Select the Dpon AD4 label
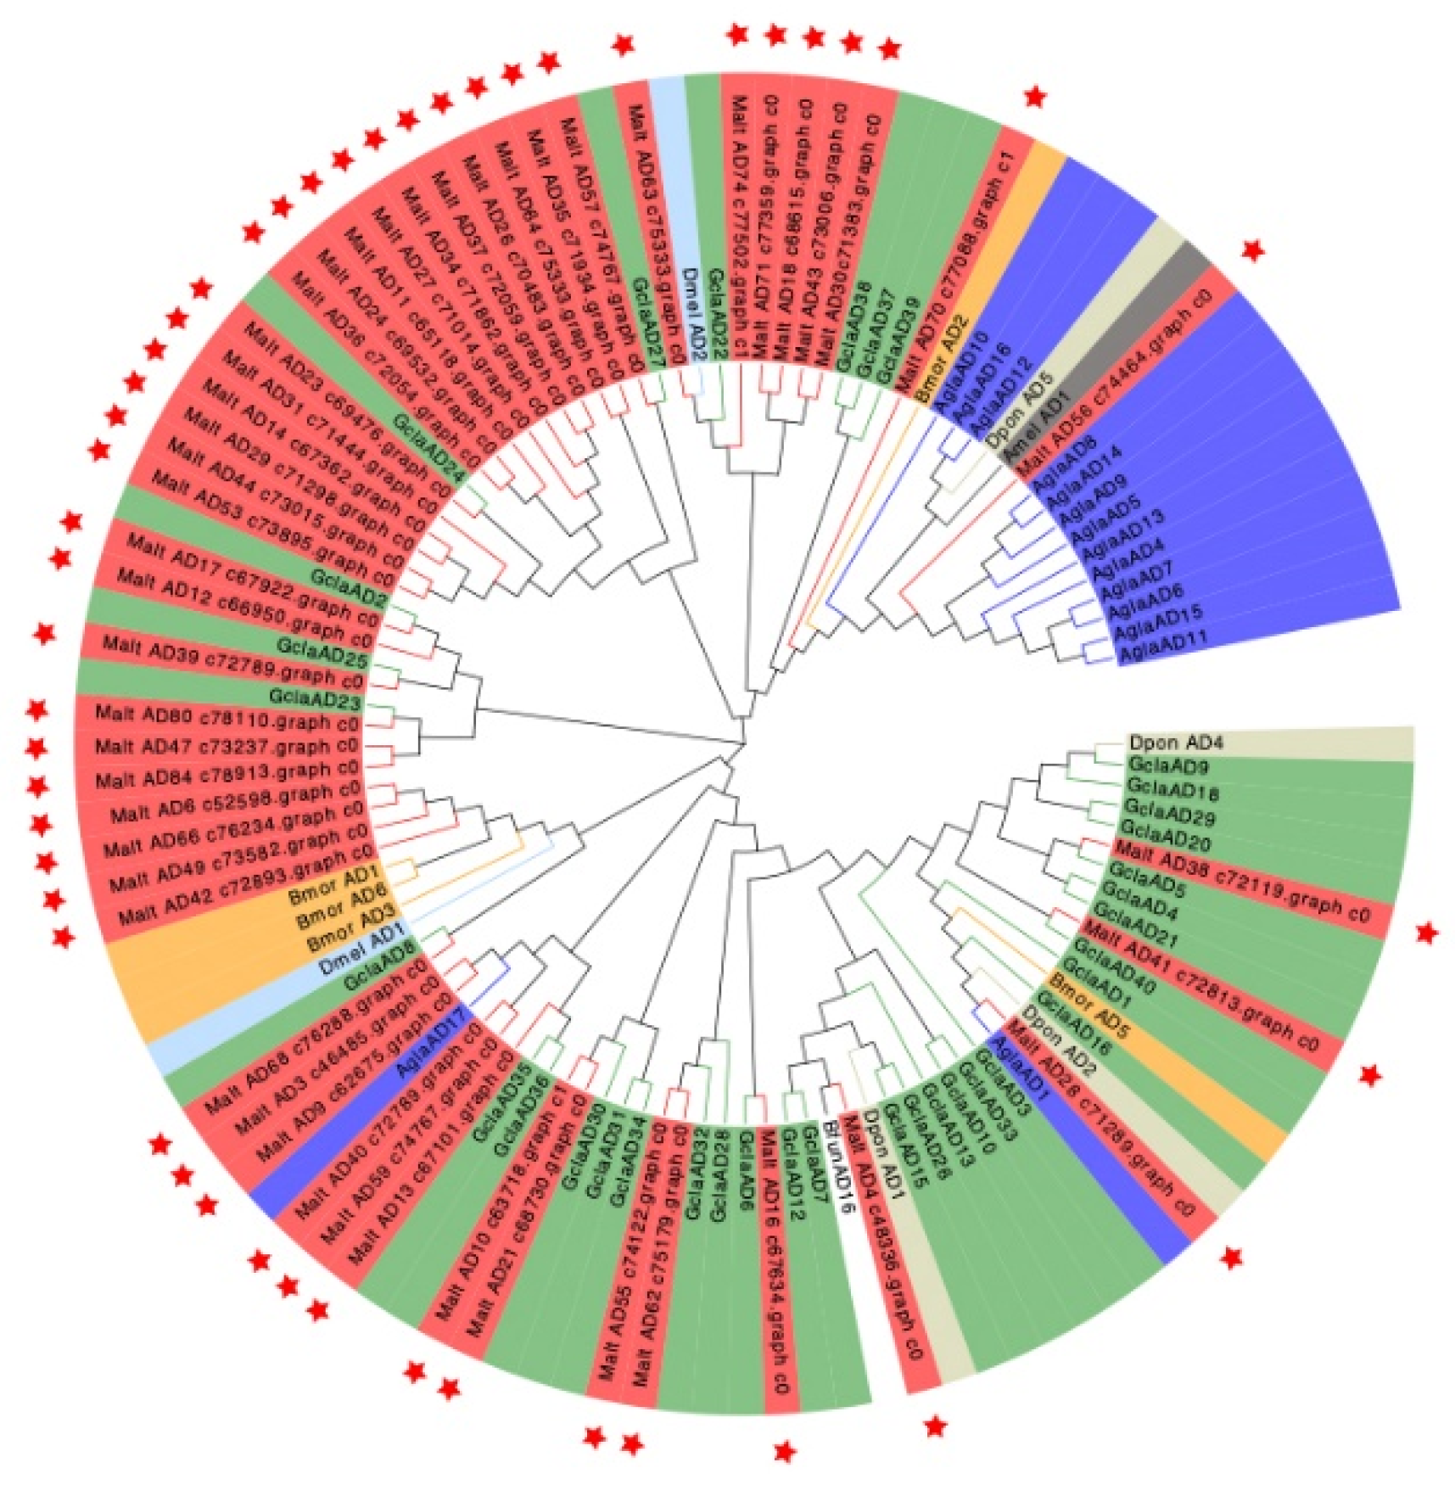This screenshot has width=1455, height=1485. [1175, 742]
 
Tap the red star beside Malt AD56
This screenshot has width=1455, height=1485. [1252, 250]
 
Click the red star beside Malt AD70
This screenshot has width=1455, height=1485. [1034, 97]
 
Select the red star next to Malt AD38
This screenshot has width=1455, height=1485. [1427, 933]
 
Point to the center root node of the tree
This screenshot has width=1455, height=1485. [743, 744]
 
